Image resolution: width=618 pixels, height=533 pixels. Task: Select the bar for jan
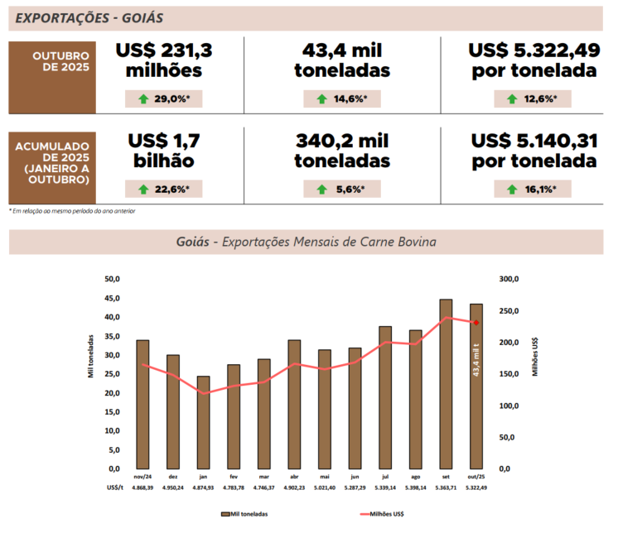203,422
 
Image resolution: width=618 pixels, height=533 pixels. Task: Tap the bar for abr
294,404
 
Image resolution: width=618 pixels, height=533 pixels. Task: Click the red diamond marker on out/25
476,323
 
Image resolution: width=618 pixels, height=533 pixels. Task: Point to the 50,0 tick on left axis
110,279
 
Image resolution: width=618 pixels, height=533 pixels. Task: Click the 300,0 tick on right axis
507,279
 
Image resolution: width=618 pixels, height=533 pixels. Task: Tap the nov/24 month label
142,478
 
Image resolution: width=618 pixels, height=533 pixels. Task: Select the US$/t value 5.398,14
416,488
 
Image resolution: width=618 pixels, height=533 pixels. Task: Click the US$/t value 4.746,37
263,488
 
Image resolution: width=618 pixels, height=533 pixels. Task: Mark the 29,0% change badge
164,99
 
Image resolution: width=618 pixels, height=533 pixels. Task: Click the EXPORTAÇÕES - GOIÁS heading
89,17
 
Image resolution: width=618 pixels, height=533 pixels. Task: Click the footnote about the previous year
72,211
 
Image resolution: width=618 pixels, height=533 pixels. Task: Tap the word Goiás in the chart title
192,242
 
